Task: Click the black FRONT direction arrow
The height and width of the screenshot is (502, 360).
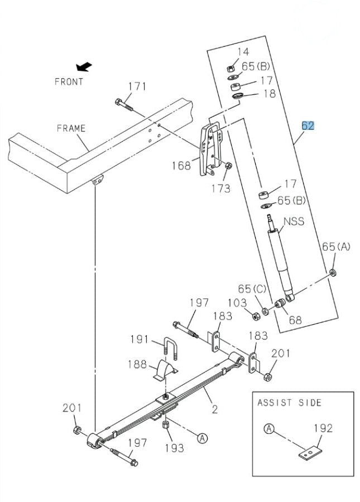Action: click(x=84, y=66)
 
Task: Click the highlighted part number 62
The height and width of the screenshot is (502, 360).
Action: click(x=308, y=126)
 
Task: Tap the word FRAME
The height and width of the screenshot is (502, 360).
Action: click(x=71, y=128)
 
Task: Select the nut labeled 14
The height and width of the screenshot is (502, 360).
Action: click(x=231, y=69)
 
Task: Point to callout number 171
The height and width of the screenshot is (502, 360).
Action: click(x=137, y=87)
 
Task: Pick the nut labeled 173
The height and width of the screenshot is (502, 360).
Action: click(x=228, y=166)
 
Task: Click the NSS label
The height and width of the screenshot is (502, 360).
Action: click(x=294, y=221)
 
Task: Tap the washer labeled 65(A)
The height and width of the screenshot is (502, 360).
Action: click(x=333, y=272)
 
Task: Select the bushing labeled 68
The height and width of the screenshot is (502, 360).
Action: click(x=280, y=303)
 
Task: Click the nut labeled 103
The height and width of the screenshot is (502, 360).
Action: click(x=256, y=316)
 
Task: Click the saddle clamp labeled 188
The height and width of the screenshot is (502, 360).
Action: click(x=166, y=370)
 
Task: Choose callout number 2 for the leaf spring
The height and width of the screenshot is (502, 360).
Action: click(x=214, y=409)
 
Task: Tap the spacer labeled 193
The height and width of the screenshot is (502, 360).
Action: click(x=166, y=425)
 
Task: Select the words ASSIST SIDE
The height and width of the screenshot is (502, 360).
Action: click(x=289, y=403)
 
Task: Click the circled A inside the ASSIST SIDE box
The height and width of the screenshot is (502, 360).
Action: click(x=270, y=428)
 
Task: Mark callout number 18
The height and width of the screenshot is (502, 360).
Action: click(x=270, y=94)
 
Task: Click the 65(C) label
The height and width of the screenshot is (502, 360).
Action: click(x=252, y=289)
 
